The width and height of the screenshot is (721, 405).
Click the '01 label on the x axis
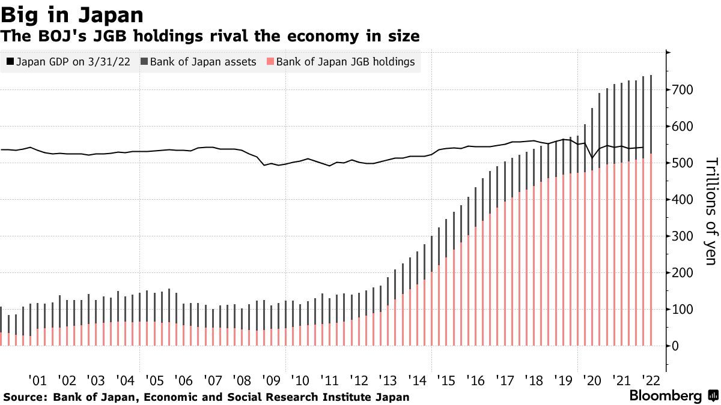tap(37, 380)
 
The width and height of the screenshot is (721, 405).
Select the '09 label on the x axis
tap(272, 380)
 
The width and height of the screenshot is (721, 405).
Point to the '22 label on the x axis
tap(651, 380)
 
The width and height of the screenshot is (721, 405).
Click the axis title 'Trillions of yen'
tap(710, 211)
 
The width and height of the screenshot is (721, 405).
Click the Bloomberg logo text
tap(665, 396)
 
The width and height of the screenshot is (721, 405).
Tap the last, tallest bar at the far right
tap(651, 210)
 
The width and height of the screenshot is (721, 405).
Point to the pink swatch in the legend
tap(270, 62)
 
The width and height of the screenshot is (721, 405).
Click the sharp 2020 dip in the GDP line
tap(592, 158)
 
